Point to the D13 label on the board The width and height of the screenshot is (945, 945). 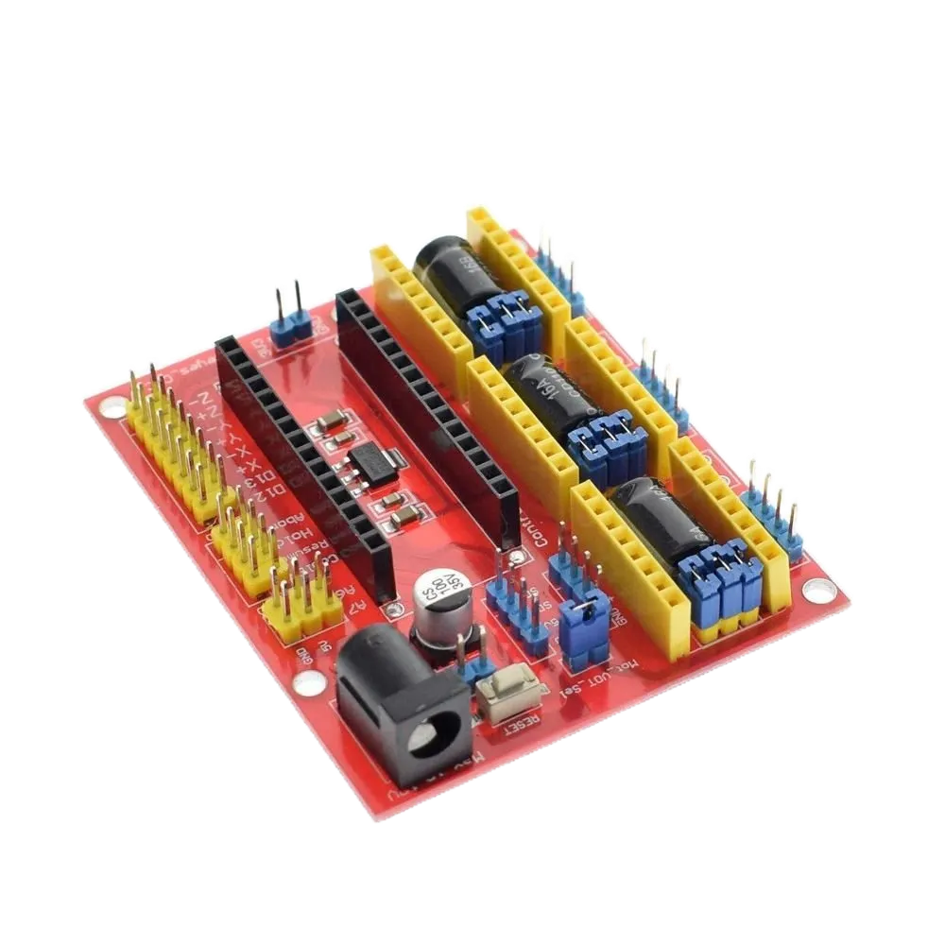click(269, 472)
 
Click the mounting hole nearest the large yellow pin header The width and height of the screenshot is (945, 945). click(112, 409)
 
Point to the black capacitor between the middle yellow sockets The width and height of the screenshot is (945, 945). click(554, 398)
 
